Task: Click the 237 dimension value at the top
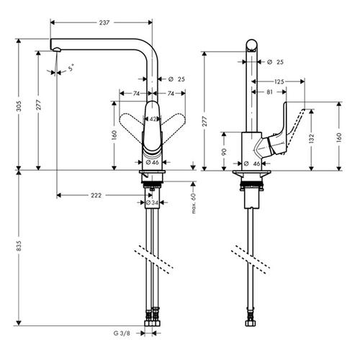pos(104,22)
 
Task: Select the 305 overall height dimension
pos(19,106)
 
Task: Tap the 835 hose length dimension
pos(19,246)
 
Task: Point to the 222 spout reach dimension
pos(96,195)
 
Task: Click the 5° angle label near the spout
pos(71,68)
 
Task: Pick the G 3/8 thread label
pos(122,333)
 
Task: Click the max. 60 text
pos(194,203)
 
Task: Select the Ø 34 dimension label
pos(152,203)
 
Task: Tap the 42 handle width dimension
pos(153,119)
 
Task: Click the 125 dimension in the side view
pos(279,81)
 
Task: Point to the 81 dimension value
pos(269,92)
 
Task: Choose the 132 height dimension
pos(311,139)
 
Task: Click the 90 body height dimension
pos(224,152)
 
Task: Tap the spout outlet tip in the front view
pos(57,50)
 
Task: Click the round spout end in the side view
pos(252,45)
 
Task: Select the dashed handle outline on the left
pos(131,122)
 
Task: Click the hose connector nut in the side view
pos(251,323)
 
